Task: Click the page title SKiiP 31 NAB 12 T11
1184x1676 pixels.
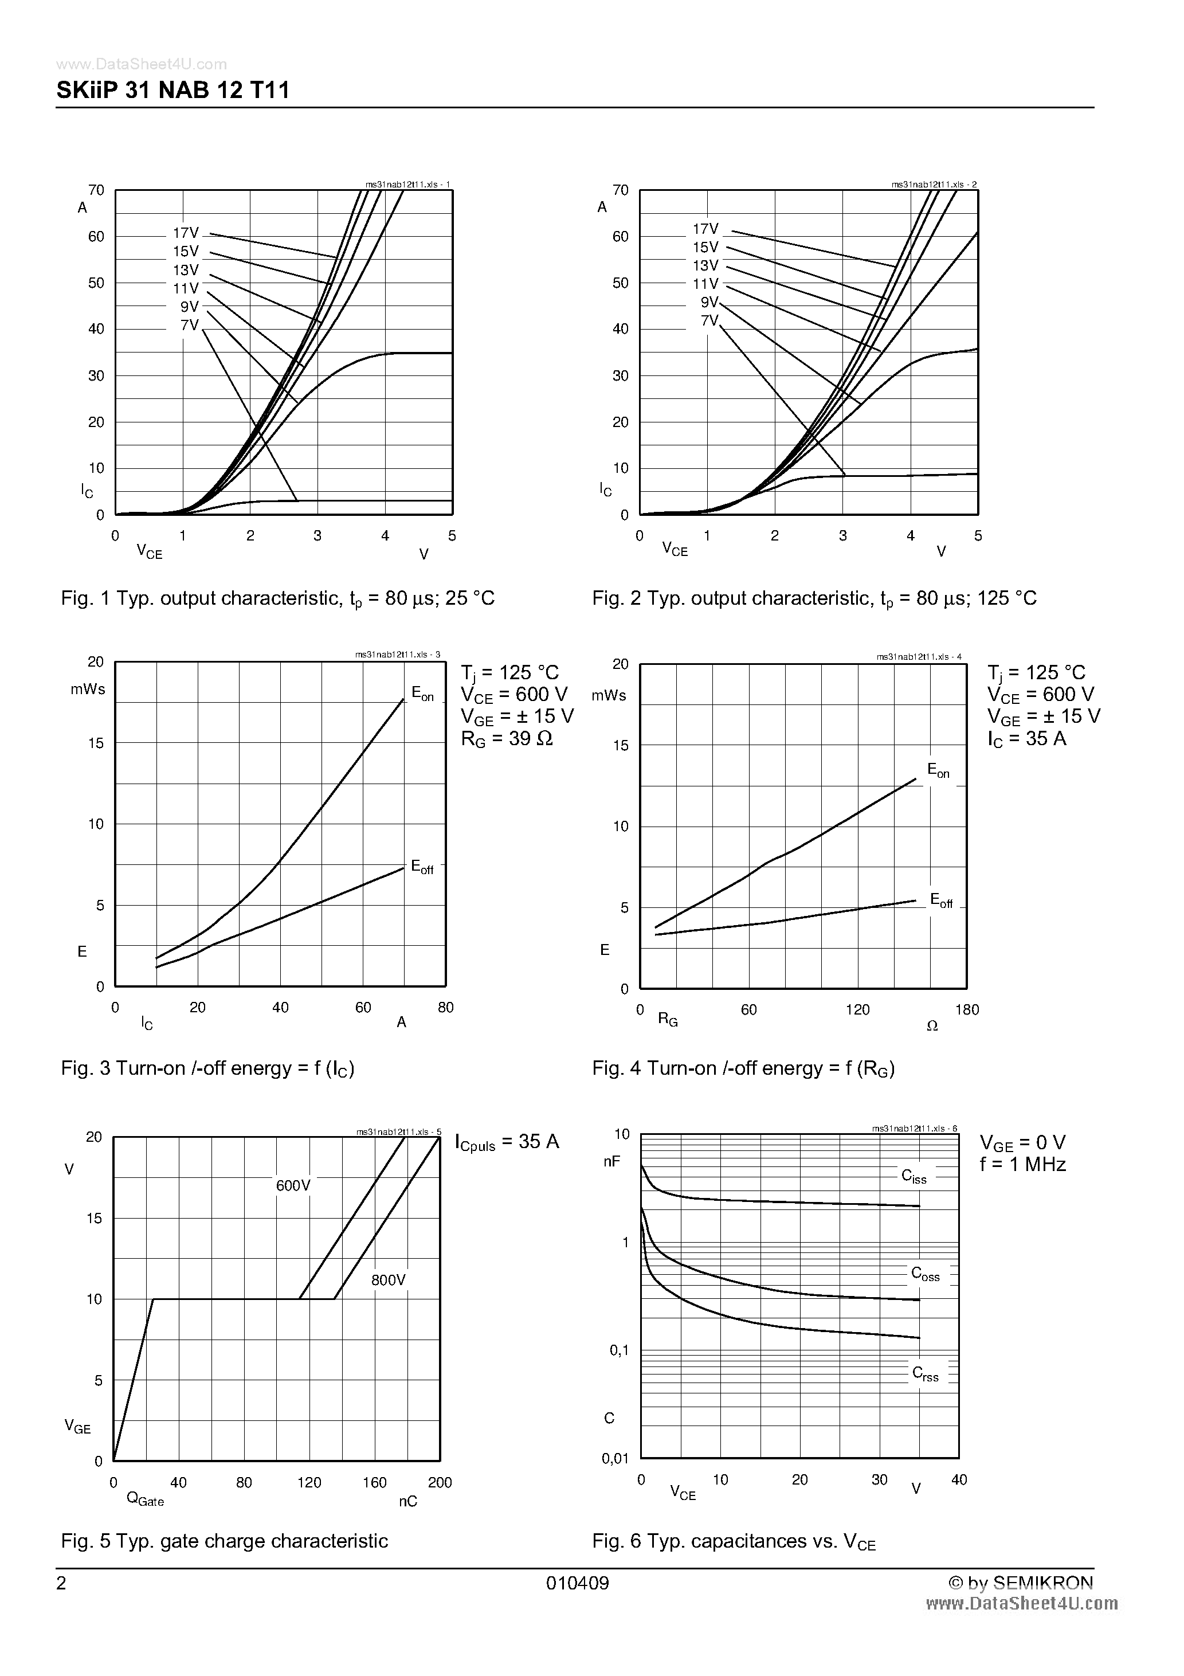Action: (x=173, y=90)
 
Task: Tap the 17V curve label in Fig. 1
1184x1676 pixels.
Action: (x=186, y=233)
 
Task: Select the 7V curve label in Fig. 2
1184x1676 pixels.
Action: (x=709, y=320)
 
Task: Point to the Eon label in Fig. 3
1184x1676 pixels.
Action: (x=422, y=694)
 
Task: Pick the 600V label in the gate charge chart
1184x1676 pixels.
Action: (x=293, y=1185)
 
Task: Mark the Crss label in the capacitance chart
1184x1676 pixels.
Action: (x=926, y=1374)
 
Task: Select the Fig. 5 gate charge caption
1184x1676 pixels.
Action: (x=225, y=1541)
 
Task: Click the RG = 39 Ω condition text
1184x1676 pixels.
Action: (x=507, y=739)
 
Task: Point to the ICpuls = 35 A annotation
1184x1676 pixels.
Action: (x=507, y=1142)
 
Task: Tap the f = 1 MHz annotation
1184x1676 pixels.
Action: (x=1023, y=1164)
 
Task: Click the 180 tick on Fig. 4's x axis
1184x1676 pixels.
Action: (x=967, y=1009)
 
